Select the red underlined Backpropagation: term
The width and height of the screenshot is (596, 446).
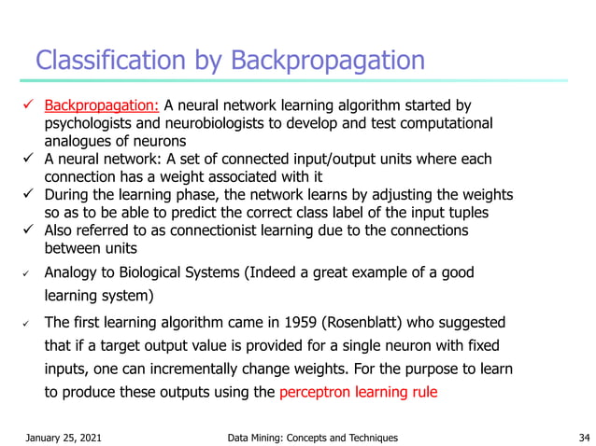(x=102, y=105)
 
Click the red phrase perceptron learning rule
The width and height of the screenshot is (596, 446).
(x=357, y=393)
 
